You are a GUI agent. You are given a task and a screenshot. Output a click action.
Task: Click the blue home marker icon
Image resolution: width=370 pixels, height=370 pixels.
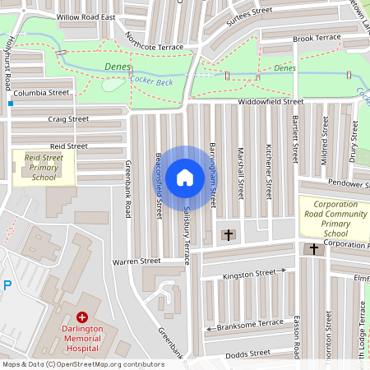click(185, 177)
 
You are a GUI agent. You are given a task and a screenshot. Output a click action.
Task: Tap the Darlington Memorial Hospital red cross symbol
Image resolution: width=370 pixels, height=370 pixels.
click(81, 317)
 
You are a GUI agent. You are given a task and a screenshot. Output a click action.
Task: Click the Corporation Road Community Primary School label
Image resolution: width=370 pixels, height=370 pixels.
click(335, 217)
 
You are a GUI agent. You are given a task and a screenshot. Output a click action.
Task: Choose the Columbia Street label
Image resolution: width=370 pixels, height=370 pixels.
click(40, 94)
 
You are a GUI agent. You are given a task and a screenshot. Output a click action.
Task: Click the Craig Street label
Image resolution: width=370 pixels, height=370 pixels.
click(67, 119)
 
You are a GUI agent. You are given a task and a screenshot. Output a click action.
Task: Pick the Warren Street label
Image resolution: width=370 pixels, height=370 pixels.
click(136, 261)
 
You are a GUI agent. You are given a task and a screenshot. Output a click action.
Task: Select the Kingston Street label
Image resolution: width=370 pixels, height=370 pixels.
click(249, 273)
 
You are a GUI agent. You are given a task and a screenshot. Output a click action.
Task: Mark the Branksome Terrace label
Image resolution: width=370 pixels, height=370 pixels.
click(248, 327)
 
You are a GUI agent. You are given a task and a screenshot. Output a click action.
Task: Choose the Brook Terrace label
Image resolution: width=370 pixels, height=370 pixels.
click(316, 38)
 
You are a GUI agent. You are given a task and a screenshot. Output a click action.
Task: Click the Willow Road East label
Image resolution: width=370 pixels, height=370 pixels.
click(86, 16)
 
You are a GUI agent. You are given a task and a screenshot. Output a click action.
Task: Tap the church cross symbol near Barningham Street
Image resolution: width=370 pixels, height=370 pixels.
click(228, 235)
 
